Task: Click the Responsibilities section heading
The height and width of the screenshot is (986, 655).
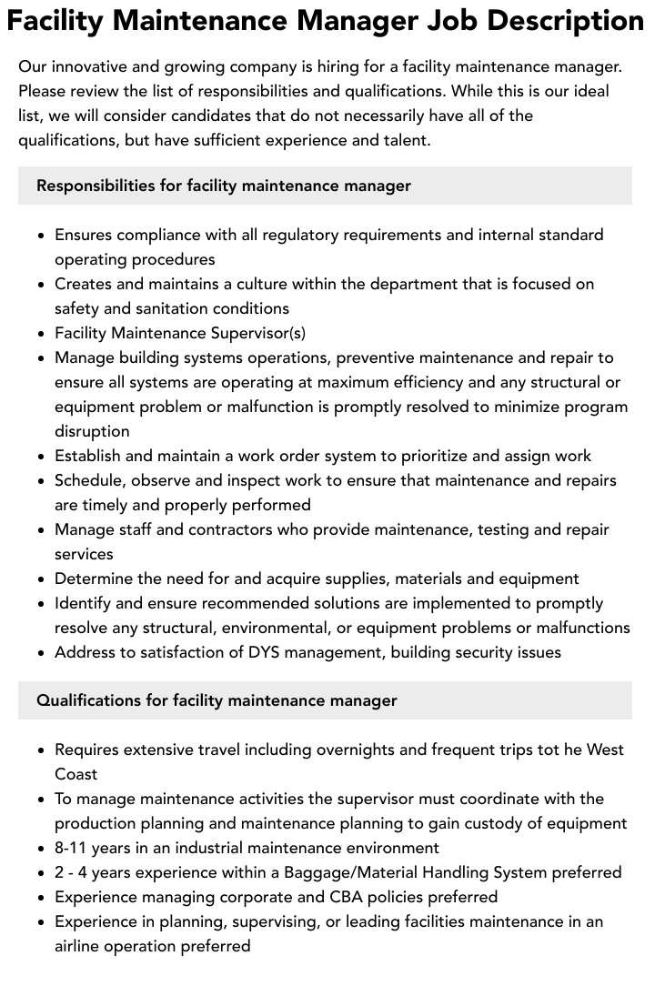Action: tap(224, 186)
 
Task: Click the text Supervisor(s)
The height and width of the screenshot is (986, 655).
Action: tap(259, 333)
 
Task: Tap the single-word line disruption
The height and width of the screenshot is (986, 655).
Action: tap(92, 431)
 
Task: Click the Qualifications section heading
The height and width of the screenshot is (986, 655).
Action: tap(217, 700)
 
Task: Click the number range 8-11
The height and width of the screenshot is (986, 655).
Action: tap(75, 848)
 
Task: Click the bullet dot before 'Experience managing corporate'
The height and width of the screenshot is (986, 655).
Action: tap(42, 898)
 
